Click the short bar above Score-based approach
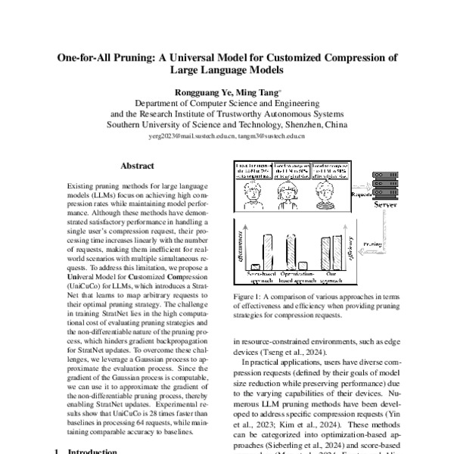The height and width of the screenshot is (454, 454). point(255,266)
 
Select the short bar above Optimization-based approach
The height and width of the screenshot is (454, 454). point(303,265)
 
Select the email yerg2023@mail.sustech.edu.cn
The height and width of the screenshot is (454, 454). point(199,136)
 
